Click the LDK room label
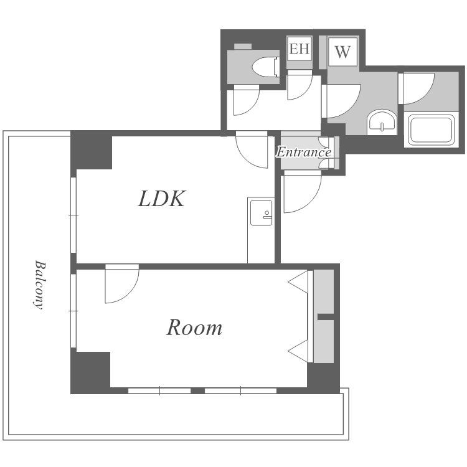click(162, 199)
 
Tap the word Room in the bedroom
click(194, 328)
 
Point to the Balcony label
click(39, 285)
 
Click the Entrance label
click(303, 152)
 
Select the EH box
click(300, 49)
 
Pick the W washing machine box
click(342, 52)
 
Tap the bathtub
click(431, 130)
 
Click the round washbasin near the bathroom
click(382, 121)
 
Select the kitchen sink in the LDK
click(261, 213)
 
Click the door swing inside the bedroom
click(122, 283)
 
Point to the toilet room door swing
click(247, 100)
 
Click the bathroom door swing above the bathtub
click(417, 88)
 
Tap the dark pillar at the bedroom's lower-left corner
click(90, 372)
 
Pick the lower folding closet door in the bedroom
click(298, 351)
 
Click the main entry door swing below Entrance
click(302, 192)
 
